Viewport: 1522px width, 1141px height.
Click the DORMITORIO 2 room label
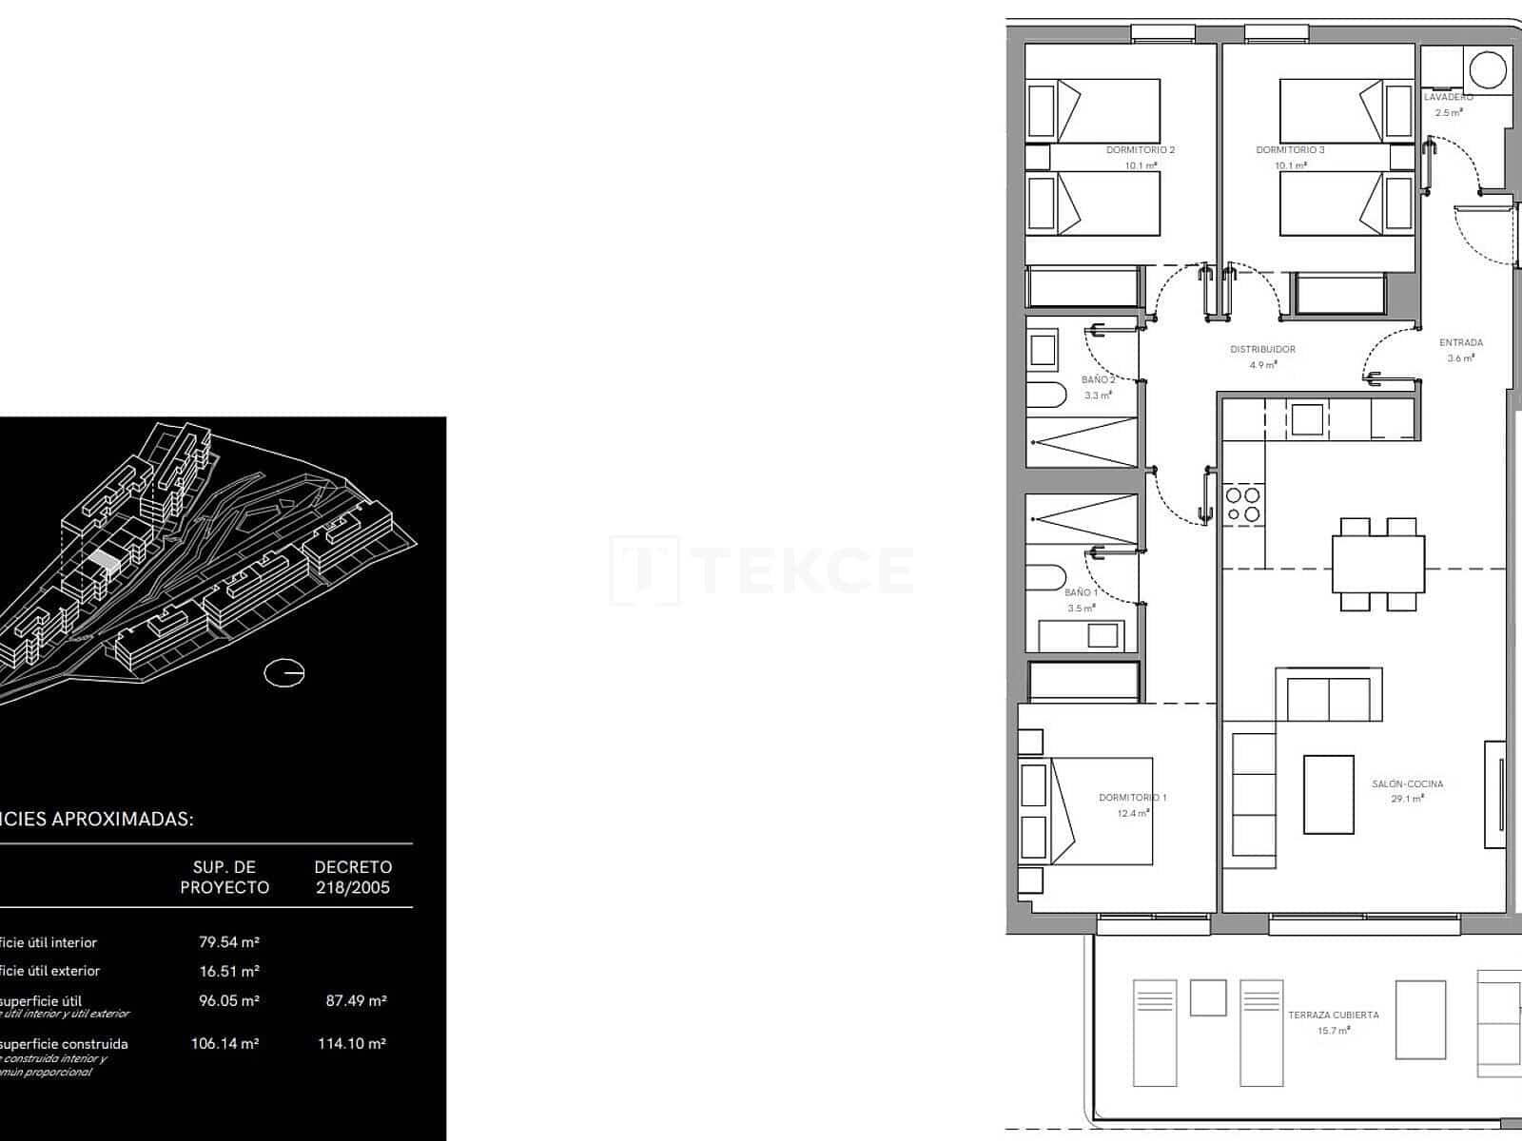click(x=1141, y=149)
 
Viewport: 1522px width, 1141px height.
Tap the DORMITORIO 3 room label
click(x=1290, y=149)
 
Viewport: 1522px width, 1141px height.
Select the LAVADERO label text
click(x=1448, y=97)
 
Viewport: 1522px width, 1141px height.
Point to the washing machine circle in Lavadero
click(x=1487, y=70)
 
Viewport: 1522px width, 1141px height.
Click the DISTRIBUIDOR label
click(x=1262, y=349)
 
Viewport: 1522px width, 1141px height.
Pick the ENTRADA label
click(x=1460, y=342)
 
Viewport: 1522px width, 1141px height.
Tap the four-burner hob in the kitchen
click(x=1242, y=505)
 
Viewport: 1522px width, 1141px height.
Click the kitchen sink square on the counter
click(x=1306, y=419)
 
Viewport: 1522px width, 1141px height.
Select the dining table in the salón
click(x=1377, y=565)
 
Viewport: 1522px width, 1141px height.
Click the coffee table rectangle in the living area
click(x=1328, y=794)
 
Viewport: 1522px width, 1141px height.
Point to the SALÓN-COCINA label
click(x=1407, y=784)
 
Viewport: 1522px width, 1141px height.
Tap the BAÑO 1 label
click(x=1081, y=592)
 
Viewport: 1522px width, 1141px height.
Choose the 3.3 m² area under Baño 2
click(x=1098, y=395)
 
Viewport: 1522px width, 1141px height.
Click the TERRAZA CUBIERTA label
click(x=1333, y=1015)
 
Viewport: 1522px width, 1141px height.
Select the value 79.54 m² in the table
click(x=229, y=942)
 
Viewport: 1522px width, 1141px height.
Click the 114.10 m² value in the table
click(x=352, y=1043)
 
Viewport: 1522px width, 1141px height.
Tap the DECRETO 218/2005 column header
click(x=353, y=877)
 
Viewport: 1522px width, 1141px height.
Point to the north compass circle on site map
click(x=283, y=673)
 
